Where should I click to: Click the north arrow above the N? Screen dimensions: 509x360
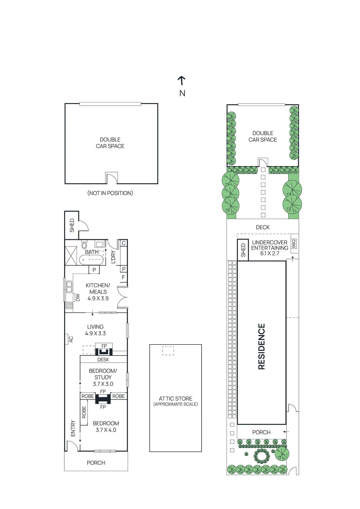[x=181, y=80]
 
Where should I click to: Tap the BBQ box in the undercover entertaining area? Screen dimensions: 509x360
[x=293, y=244]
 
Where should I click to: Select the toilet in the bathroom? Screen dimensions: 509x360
[x=84, y=245]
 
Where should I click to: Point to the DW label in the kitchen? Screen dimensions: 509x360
[x=78, y=298]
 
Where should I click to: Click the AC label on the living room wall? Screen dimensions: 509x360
[x=71, y=339]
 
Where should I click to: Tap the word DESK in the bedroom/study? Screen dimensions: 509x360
[x=103, y=360]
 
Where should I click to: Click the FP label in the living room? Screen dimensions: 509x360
[x=104, y=346]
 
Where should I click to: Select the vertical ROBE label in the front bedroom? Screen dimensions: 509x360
[x=84, y=412]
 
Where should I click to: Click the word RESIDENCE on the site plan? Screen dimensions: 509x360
[x=261, y=346]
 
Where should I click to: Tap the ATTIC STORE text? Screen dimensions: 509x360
[x=175, y=399]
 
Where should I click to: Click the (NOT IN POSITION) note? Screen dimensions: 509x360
[x=110, y=193]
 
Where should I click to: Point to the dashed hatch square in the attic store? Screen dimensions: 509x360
[x=168, y=351]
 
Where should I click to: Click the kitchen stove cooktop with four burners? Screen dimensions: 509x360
[x=69, y=305]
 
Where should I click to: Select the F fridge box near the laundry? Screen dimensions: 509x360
[x=124, y=277]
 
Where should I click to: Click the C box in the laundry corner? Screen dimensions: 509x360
[x=124, y=243]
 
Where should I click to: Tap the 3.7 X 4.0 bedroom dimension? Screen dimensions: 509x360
[x=106, y=430]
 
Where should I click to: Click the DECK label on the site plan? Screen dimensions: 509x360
[x=263, y=227]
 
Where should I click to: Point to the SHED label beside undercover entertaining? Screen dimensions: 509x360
[x=243, y=250]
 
